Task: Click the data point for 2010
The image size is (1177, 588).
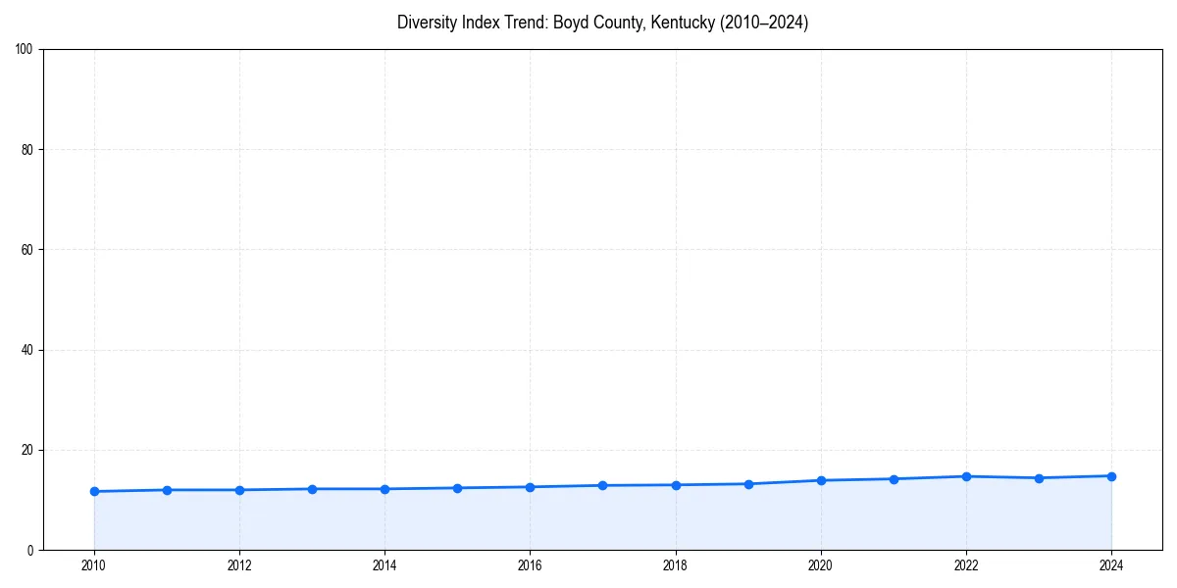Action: pyautogui.click(x=94, y=491)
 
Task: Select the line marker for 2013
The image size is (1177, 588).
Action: pyautogui.click(x=312, y=489)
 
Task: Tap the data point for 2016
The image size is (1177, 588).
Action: pyautogui.click(x=530, y=487)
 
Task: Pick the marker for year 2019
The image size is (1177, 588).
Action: pyautogui.click(x=748, y=484)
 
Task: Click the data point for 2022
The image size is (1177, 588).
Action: pyautogui.click(x=966, y=476)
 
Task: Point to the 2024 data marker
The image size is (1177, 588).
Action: pyautogui.click(x=1111, y=476)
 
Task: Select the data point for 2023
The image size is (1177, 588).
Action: pyautogui.click(x=1039, y=478)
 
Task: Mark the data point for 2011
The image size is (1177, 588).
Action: pyautogui.click(x=167, y=490)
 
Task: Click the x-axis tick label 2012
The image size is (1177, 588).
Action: pyautogui.click(x=239, y=565)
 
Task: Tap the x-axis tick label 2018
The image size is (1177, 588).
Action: pyautogui.click(x=675, y=565)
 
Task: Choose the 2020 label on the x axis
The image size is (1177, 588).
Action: pyautogui.click(x=820, y=565)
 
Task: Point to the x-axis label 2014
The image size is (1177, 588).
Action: pyautogui.click(x=384, y=565)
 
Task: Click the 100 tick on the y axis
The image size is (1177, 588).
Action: pyautogui.click(x=25, y=49)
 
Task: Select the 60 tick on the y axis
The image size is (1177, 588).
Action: pyautogui.click(x=27, y=250)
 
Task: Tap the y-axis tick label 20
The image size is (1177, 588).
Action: pyautogui.click(x=27, y=450)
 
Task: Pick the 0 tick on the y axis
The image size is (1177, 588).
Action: pyautogui.click(x=30, y=550)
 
